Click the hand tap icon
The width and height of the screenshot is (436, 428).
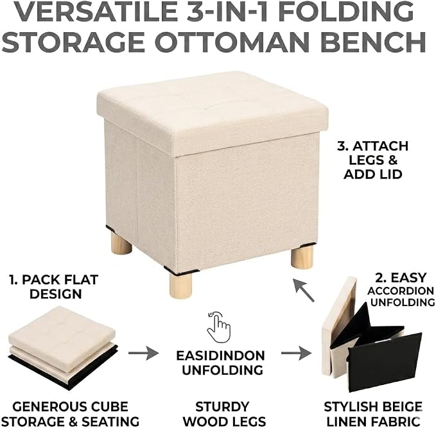coord(219,327)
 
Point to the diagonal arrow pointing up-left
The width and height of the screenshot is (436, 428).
coord(304,291)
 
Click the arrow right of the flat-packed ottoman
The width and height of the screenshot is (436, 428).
coord(143,353)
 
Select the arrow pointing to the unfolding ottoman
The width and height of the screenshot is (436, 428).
coord(297,353)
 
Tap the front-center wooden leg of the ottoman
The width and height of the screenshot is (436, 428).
coord(180,286)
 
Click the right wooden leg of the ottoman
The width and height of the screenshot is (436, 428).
coord(302,256)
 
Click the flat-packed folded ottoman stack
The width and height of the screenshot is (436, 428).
coord(64,347)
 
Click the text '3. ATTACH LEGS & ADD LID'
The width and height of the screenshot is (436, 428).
coord(373,160)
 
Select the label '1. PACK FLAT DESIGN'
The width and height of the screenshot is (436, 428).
coord(54,287)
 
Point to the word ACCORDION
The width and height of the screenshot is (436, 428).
coord(401,291)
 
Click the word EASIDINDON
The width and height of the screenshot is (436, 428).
coord(220,355)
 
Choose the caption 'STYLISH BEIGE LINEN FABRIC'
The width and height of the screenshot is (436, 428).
coord(373,414)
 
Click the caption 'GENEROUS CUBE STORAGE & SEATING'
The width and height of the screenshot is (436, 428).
coord(71,414)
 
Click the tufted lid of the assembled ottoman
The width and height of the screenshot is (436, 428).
coord(213,111)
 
